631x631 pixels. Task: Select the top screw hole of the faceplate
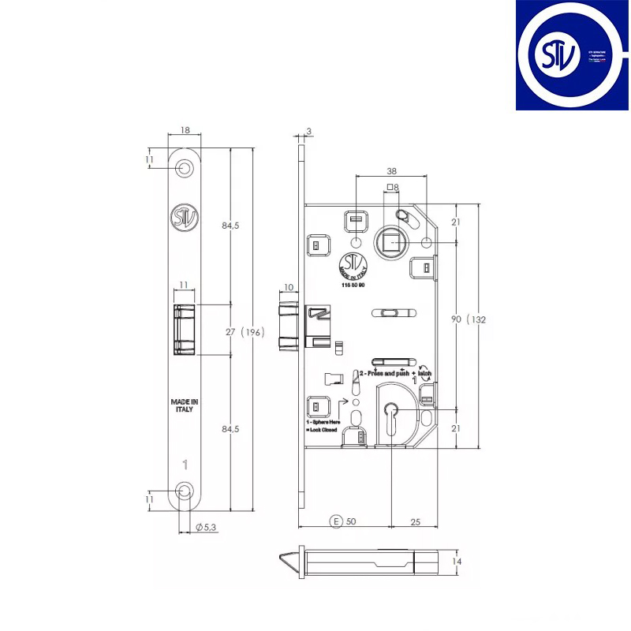click(x=185, y=168)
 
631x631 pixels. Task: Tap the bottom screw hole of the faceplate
click(x=185, y=491)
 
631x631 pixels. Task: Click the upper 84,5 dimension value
click(x=230, y=226)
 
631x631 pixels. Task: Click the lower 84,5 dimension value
click(x=230, y=429)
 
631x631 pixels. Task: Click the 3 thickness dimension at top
click(x=309, y=131)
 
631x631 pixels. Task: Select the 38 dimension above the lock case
click(x=391, y=170)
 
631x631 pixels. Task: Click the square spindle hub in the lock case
click(x=390, y=241)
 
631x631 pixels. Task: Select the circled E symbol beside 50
click(x=336, y=522)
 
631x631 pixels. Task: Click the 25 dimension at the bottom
click(x=414, y=522)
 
